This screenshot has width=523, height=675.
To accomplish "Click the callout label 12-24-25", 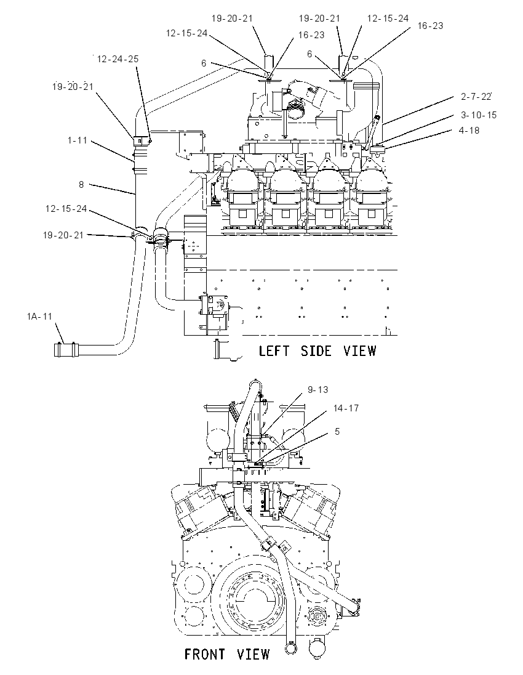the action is [x=118, y=59].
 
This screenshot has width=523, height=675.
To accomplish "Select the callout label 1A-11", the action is [x=39, y=317].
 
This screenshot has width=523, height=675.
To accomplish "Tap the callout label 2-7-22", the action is [x=476, y=97].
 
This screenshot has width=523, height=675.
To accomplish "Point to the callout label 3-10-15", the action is [x=479, y=115].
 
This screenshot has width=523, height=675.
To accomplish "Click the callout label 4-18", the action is [x=469, y=130].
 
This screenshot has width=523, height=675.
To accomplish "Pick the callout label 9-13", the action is [x=318, y=390].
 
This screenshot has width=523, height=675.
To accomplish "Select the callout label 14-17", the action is [x=346, y=408].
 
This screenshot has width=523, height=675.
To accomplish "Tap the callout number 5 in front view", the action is [x=337, y=431].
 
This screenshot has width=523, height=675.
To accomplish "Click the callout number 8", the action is [x=81, y=184].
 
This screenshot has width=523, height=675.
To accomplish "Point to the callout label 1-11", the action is [x=78, y=140].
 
